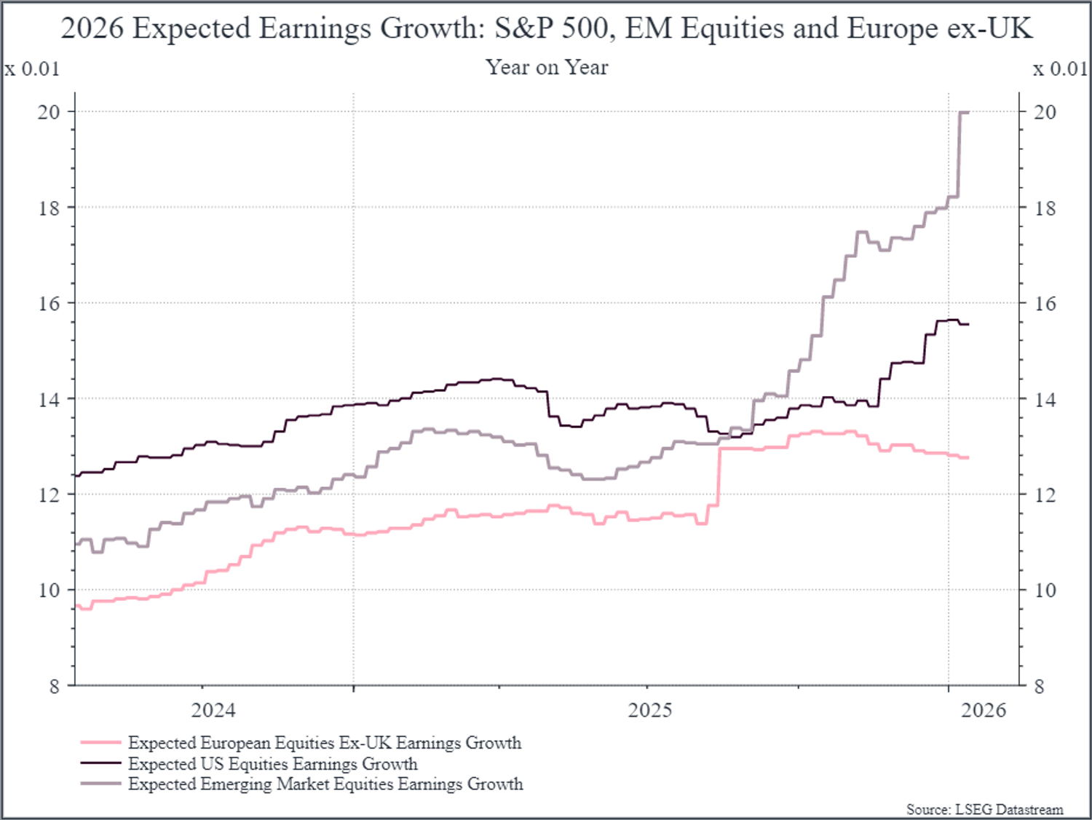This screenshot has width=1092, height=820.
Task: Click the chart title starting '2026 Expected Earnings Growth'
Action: (546, 29)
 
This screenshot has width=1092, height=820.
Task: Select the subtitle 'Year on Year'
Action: (546, 68)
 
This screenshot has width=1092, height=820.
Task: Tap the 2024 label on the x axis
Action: (213, 710)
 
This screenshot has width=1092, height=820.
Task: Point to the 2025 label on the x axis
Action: (650, 710)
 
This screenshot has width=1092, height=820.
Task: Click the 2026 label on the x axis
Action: (983, 710)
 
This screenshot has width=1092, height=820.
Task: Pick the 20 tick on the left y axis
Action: (49, 112)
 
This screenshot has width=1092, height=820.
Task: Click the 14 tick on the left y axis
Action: (49, 399)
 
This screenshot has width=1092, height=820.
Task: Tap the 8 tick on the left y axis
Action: (54, 686)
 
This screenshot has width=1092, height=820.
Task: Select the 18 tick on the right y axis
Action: (1045, 208)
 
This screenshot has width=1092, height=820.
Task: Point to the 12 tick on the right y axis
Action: (1045, 495)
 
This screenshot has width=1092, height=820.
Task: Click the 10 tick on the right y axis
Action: (1045, 591)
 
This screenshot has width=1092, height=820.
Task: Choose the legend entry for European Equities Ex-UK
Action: (324, 743)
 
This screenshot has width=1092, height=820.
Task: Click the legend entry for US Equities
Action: (272, 764)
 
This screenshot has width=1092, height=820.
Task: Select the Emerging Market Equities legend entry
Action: (325, 784)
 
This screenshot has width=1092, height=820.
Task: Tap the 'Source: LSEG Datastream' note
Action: (984, 809)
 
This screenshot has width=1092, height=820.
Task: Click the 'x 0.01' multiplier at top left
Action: (32, 69)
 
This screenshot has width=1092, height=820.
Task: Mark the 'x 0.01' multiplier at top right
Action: (1060, 69)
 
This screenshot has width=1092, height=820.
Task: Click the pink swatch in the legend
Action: (100, 743)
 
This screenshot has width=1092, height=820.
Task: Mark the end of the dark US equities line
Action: (968, 325)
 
